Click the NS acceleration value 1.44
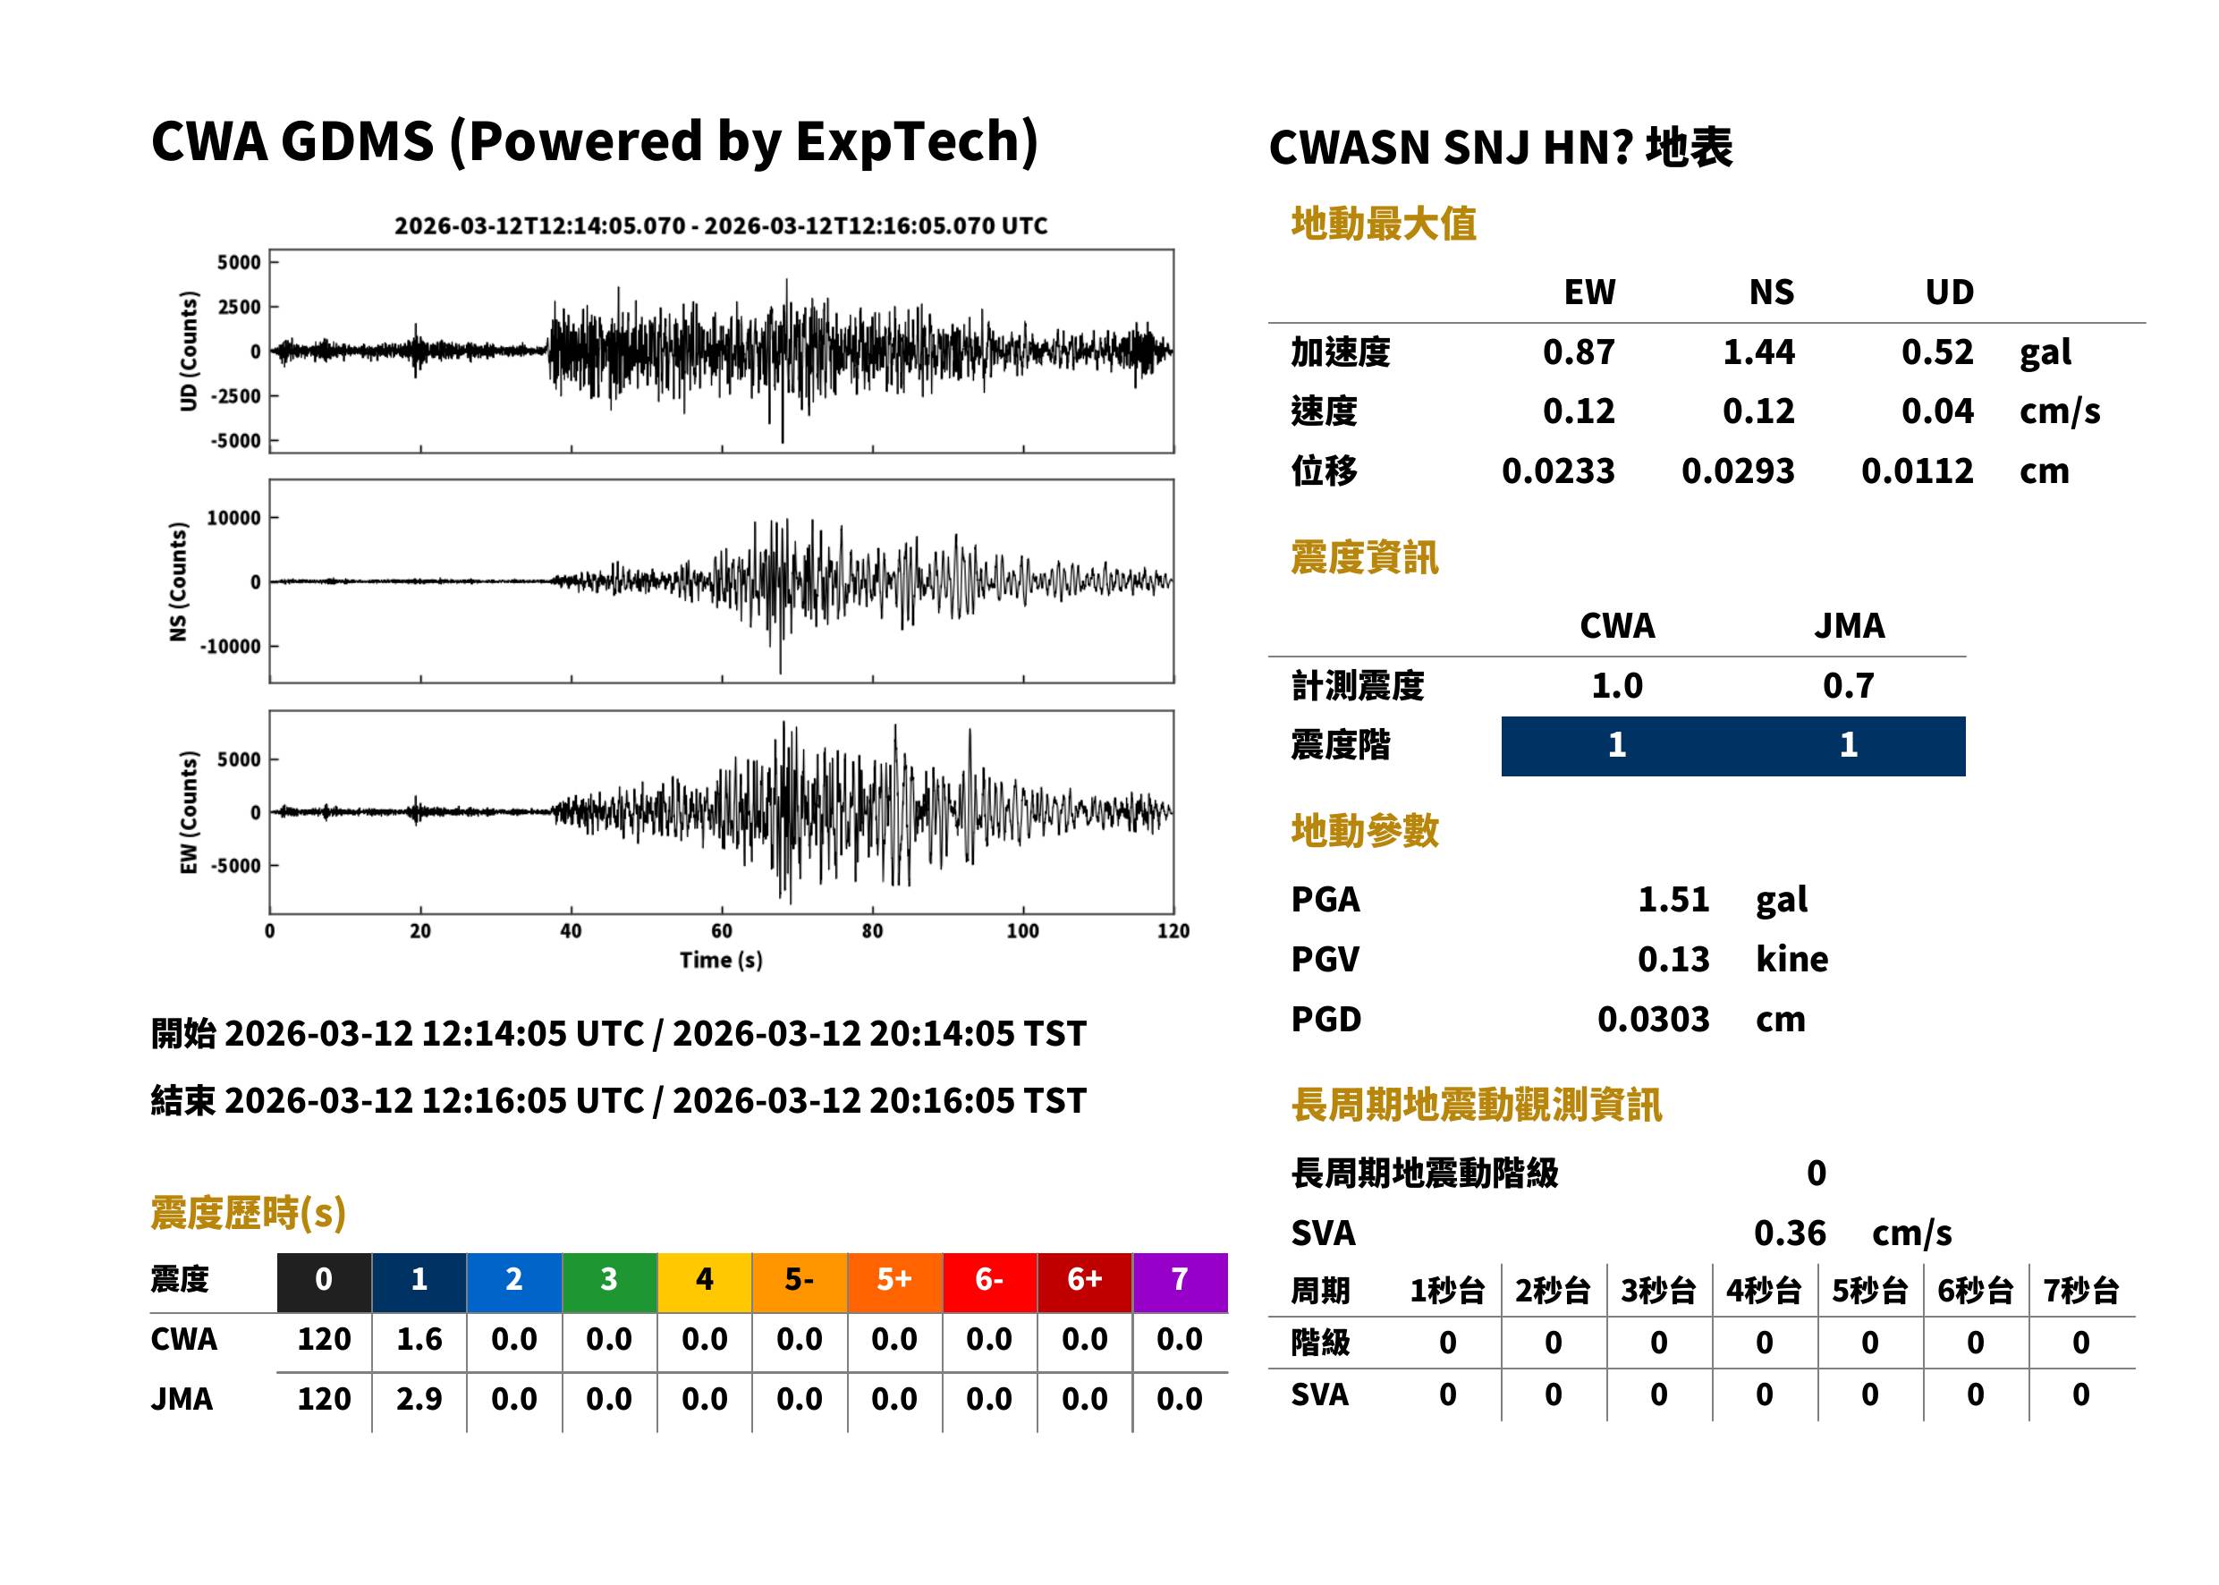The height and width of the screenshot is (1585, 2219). point(1757,352)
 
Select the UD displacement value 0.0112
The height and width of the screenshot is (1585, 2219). point(1917,470)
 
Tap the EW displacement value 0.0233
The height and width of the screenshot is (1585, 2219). point(1557,470)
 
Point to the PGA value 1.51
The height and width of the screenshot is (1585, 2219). point(1673,899)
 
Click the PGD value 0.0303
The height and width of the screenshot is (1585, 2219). point(1653,1019)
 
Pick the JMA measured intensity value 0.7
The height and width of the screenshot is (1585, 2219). point(1848,685)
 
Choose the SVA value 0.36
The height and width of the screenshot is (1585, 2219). point(1789,1233)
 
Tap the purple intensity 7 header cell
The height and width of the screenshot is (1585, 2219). point(1180,1282)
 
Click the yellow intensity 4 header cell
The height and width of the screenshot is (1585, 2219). point(705,1282)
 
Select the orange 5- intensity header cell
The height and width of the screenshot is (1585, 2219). point(800,1282)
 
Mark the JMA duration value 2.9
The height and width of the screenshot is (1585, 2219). point(419,1399)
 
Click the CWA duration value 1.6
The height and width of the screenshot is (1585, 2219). point(419,1339)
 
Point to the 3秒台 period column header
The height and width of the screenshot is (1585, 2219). point(1658,1290)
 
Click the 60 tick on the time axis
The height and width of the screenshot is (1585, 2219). point(721,931)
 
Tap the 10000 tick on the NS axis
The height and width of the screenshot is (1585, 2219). point(233,517)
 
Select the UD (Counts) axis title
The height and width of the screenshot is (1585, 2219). point(189,352)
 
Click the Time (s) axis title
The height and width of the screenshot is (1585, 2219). point(721,961)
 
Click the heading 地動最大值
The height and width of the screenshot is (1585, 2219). point(1383,224)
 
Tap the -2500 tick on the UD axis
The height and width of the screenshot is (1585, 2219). point(236,396)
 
